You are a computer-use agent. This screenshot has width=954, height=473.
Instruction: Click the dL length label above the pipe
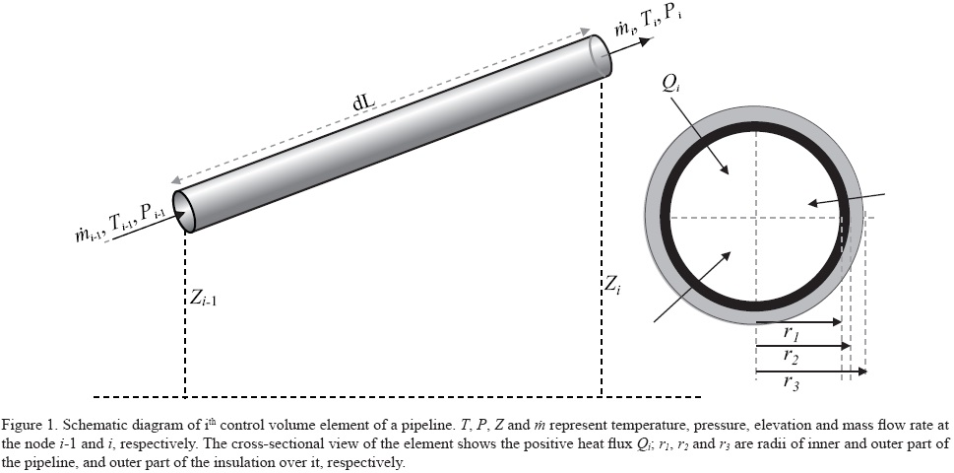tap(365, 102)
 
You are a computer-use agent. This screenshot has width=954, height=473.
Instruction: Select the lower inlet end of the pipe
tap(184, 210)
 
